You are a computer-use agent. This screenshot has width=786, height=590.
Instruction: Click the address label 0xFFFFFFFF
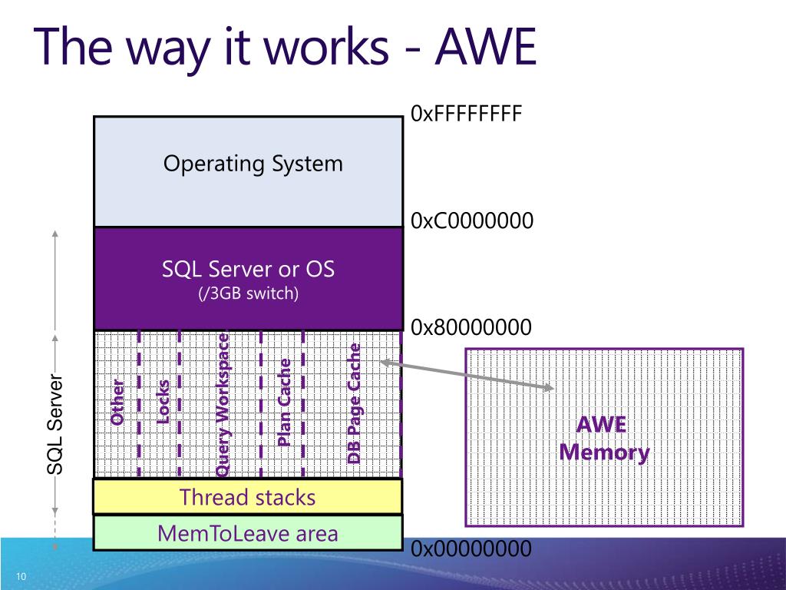click(466, 114)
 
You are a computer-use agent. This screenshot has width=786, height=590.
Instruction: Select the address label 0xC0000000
click(472, 220)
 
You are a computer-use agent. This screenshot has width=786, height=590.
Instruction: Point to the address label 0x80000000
click(471, 327)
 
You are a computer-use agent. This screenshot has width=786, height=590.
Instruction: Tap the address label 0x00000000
click(471, 549)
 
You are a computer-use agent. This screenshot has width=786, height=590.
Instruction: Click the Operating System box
click(249, 171)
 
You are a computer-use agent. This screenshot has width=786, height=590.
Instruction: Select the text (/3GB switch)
click(249, 293)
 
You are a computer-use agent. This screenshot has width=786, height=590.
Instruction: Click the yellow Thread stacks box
click(248, 497)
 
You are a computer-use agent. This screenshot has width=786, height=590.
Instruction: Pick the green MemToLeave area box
click(248, 533)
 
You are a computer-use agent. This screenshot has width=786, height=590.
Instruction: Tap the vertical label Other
click(117, 403)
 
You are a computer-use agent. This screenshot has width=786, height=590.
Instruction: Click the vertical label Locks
click(163, 402)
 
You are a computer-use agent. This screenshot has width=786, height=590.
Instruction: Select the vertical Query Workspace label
click(222, 406)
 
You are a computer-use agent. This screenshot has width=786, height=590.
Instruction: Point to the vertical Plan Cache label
click(284, 403)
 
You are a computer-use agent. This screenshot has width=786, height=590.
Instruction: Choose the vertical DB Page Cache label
click(354, 403)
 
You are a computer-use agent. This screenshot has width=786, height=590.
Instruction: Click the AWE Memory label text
click(604, 439)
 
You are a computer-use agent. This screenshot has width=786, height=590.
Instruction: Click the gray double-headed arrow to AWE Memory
click(467, 374)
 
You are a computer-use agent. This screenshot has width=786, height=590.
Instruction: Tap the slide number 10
click(21, 576)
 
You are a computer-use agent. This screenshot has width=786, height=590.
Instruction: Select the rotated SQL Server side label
click(55, 424)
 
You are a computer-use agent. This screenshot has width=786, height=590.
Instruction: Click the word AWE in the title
click(485, 47)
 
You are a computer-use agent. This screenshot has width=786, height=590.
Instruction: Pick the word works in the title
click(326, 47)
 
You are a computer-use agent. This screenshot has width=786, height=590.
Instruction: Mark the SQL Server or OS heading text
click(248, 269)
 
